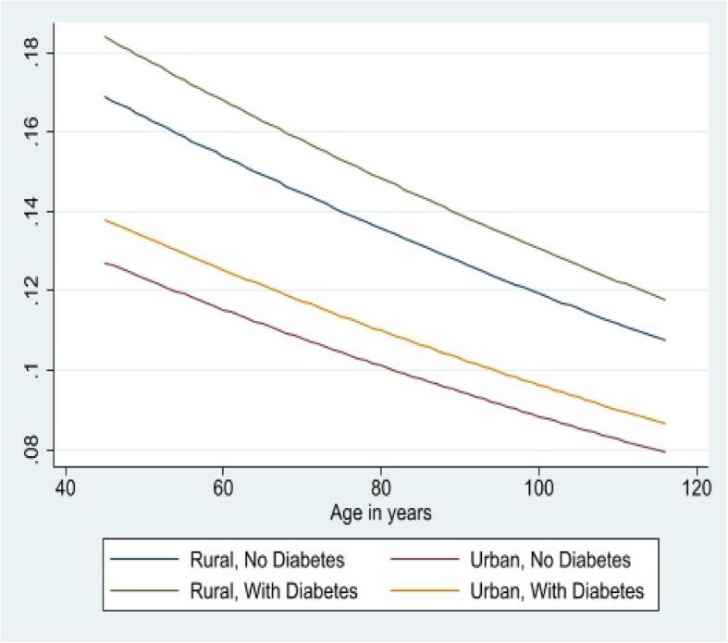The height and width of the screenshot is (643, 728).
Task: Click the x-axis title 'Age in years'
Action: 380,511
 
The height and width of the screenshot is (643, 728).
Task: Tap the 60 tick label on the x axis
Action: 222,488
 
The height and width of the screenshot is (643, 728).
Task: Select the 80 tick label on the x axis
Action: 380,488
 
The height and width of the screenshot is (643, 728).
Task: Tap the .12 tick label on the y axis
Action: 32,291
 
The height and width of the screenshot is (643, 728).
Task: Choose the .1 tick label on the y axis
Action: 32,370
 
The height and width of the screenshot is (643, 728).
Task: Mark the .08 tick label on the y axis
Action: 32,451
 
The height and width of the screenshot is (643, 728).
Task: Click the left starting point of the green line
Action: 105,37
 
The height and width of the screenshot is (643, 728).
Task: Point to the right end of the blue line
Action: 664,340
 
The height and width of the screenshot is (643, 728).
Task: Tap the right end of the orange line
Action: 664,423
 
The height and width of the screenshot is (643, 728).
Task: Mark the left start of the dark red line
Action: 105,263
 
